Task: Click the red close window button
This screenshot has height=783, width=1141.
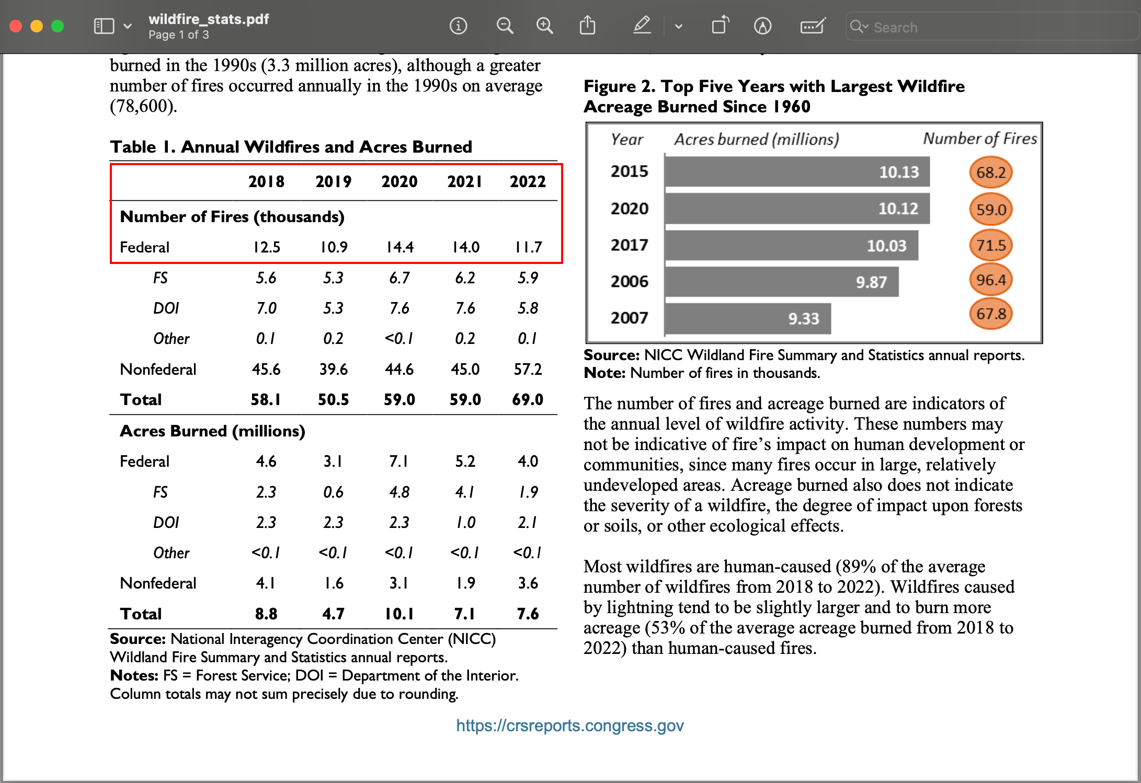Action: (x=16, y=26)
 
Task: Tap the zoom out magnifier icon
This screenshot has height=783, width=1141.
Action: (x=505, y=26)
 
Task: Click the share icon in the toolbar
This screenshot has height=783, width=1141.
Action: (x=587, y=26)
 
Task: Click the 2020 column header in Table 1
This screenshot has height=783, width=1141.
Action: (x=399, y=181)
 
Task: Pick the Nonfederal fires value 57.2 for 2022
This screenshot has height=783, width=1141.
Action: (x=528, y=369)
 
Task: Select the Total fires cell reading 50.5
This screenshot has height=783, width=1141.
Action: (x=333, y=399)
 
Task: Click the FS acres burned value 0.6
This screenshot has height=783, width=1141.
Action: (x=333, y=492)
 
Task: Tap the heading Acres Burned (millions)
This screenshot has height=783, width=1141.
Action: (x=212, y=431)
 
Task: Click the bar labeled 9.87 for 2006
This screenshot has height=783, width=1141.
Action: (x=781, y=282)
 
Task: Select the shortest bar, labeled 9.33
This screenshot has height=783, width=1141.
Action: (x=748, y=318)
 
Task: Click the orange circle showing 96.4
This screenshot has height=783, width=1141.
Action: (x=990, y=280)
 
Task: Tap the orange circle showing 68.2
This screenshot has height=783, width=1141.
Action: (x=990, y=172)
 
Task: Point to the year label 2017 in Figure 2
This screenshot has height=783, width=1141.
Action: (x=629, y=245)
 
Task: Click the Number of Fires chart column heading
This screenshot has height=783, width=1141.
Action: (x=979, y=139)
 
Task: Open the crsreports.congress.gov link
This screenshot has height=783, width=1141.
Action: (x=569, y=726)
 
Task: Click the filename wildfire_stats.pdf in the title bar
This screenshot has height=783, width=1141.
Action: (x=209, y=19)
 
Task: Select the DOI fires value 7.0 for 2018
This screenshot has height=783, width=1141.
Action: (x=266, y=308)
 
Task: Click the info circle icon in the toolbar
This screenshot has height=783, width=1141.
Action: (x=458, y=26)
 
